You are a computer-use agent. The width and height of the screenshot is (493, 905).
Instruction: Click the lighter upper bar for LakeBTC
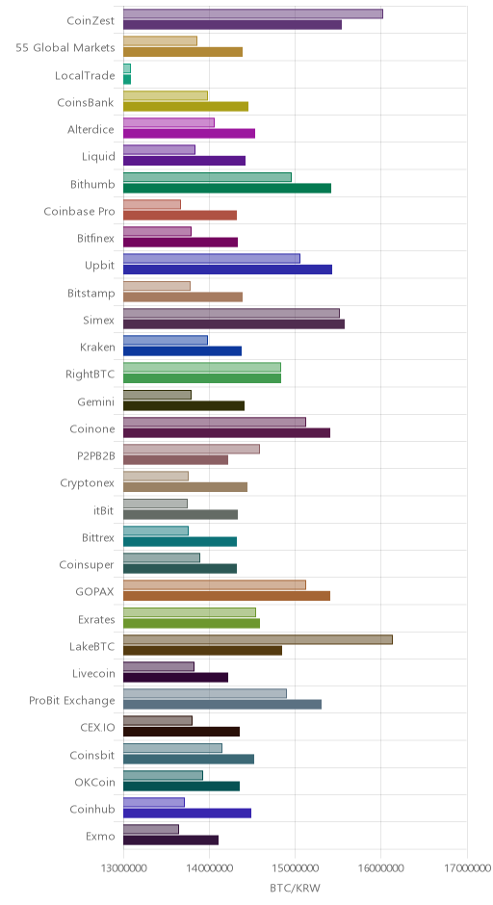click(x=257, y=639)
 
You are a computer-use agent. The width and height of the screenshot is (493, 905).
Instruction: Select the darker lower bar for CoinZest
click(x=232, y=25)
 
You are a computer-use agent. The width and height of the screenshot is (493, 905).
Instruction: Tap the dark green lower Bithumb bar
click(x=227, y=188)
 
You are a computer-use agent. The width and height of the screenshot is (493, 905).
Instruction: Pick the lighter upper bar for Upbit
click(x=211, y=259)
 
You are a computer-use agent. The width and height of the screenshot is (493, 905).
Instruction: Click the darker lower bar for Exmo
click(x=170, y=840)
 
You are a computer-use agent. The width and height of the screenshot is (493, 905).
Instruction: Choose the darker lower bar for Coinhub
click(x=187, y=814)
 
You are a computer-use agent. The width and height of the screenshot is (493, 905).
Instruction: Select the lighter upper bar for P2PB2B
click(x=191, y=449)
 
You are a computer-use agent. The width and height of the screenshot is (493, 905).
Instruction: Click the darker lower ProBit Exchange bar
click(x=222, y=705)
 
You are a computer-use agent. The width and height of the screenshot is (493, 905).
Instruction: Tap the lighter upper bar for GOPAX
click(x=214, y=585)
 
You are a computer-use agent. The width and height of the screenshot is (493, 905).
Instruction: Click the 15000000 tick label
click(x=295, y=868)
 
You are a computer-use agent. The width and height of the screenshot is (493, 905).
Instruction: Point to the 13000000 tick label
click(x=123, y=868)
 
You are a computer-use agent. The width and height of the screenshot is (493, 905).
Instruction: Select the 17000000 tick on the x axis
click(x=467, y=868)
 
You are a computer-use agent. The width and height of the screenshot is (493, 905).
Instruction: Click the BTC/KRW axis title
click(x=295, y=888)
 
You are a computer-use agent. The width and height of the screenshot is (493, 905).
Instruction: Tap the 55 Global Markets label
click(x=65, y=48)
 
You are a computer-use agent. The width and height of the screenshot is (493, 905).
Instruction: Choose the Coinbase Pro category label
click(x=79, y=211)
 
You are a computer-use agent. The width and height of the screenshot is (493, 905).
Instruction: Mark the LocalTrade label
click(x=85, y=76)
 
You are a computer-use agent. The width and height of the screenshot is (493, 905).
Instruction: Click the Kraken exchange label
click(x=97, y=348)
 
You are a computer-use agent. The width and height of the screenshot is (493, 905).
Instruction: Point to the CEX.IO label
click(x=97, y=727)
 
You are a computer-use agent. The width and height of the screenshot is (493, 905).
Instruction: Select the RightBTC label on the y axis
click(x=91, y=374)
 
